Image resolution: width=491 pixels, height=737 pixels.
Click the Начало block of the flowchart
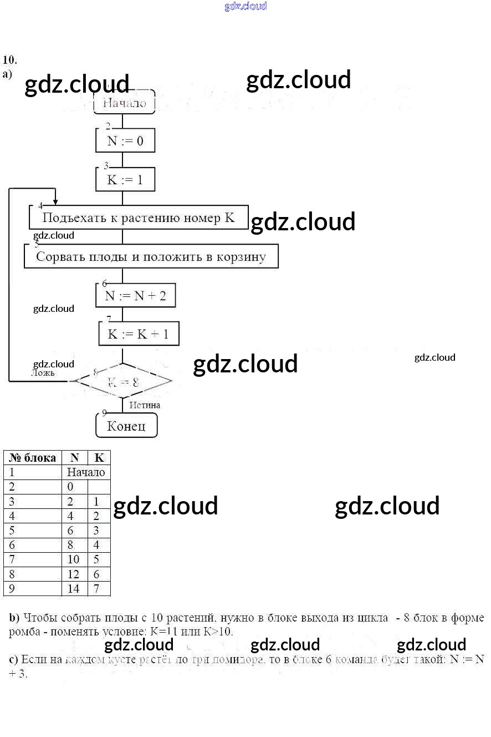point(124,103)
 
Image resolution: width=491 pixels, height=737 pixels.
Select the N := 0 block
point(125,141)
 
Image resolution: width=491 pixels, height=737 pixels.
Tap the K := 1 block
point(125,180)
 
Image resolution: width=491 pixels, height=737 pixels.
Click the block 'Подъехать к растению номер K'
point(139,218)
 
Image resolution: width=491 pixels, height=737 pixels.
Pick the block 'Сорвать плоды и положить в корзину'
point(151,256)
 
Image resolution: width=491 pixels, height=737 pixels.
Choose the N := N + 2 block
point(136,295)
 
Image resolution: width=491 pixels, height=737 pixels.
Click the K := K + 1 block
point(139,334)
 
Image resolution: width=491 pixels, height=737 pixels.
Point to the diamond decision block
point(123,381)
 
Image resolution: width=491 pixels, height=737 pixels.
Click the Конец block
point(126,426)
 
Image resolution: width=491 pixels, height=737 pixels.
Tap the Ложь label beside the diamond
point(43,373)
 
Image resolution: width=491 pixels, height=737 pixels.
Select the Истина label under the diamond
point(145,405)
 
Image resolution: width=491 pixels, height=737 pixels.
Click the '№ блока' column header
point(33,458)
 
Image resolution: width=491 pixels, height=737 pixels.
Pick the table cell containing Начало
point(86,472)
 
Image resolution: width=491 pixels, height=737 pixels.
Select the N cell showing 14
point(74,589)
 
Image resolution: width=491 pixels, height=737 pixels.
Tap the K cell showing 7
point(97,589)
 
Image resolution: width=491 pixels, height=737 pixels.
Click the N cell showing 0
point(70,487)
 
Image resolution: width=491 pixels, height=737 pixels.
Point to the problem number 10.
point(9,60)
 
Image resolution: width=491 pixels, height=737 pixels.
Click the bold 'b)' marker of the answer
point(14,618)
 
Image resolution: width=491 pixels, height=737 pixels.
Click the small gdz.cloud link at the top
point(245,6)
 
